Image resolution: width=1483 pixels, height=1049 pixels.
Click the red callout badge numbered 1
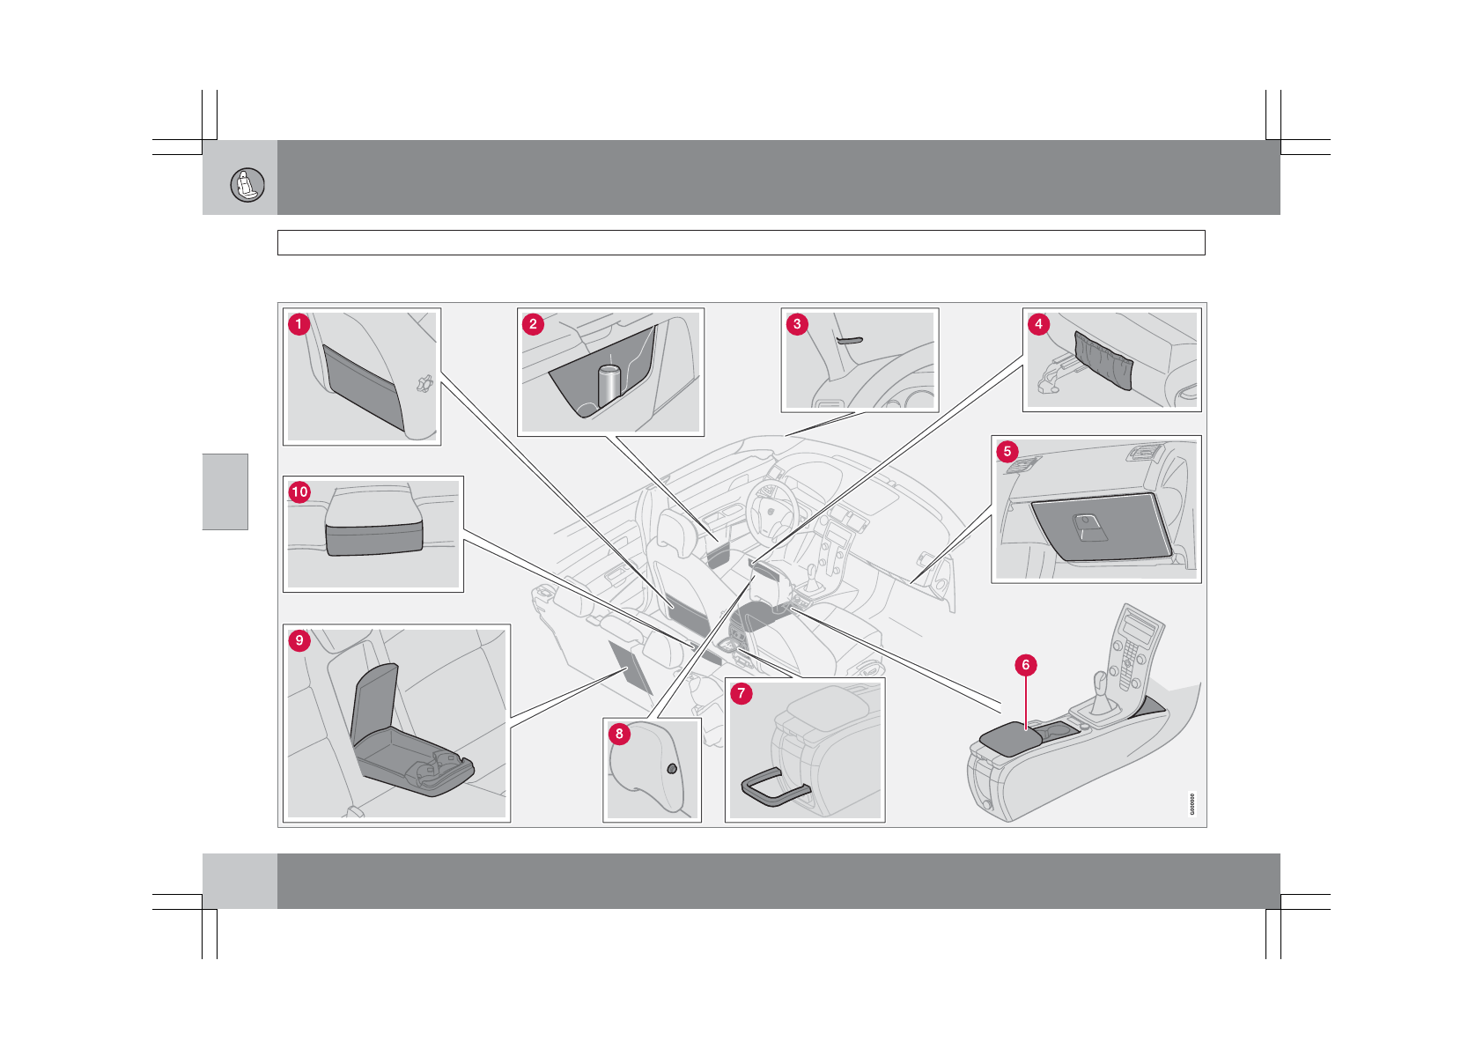[x=299, y=324]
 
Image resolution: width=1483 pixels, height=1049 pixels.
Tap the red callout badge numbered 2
[x=533, y=324]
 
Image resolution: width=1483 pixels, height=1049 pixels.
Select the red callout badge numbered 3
[x=797, y=324]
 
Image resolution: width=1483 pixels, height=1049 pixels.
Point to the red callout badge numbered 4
[x=1038, y=324]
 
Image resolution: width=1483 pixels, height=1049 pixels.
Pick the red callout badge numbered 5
[x=1007, y=452]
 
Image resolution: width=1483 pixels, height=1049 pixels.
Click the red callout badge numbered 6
[x=1025, y=665]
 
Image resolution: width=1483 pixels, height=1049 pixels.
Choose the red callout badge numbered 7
[x=741, y=694]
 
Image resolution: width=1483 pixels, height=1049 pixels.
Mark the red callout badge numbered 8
[x=619, y=734]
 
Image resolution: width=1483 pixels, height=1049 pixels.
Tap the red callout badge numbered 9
[x=299, y=640]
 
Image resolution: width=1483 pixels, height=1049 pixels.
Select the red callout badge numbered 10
[x=299, y=491]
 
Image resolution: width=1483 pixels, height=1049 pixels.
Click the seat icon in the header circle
[x=247, y=185]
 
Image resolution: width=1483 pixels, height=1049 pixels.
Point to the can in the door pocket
[x=609, y=385]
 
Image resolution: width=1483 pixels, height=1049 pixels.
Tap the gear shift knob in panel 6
[x=1100, y=680]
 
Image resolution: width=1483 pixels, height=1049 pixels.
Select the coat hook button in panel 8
[x=672, y=768]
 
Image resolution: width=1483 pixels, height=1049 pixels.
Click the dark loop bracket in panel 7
[x=773, y=787]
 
